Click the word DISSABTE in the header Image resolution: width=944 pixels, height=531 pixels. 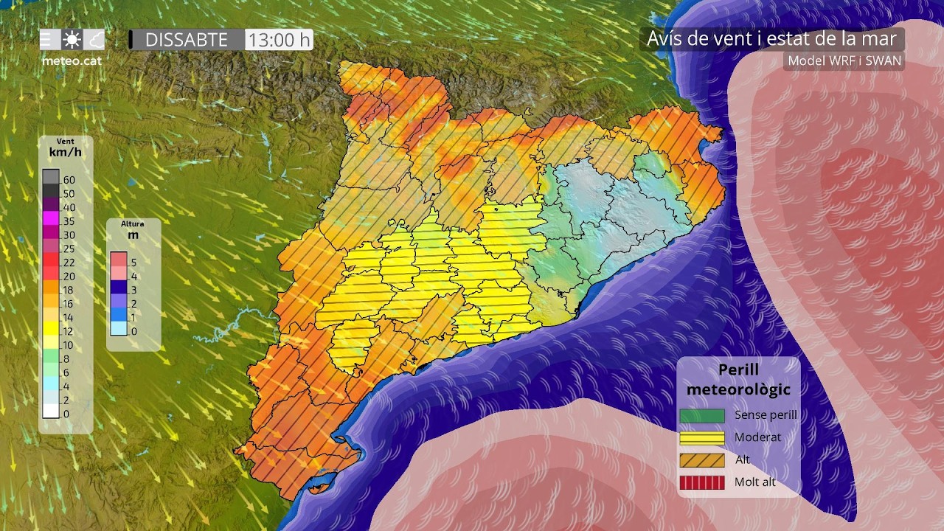tap(186, 40)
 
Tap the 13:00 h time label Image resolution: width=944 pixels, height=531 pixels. tap(279, 40)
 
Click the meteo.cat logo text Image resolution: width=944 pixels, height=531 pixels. tap(72, 61)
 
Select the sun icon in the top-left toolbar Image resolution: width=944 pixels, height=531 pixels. tap(72, 40)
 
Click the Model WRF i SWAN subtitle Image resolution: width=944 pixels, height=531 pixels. tap(844, 60)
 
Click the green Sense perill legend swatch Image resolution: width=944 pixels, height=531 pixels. tap(701, 415)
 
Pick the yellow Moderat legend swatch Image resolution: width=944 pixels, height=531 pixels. tap(701, 437)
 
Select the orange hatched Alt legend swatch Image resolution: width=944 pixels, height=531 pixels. tap(701, 460)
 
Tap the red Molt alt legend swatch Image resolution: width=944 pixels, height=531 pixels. tap(701, 483)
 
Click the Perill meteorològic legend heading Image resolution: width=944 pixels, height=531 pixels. tap(738, 379)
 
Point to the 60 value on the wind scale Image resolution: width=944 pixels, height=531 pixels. tap(69, 179)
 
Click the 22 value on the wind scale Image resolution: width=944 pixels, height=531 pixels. tap(69, 263)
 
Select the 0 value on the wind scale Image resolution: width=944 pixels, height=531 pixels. tap(66, 414)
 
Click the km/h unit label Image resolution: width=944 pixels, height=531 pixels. tap(65, 153)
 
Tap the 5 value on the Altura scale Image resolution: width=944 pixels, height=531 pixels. tap(133, 262)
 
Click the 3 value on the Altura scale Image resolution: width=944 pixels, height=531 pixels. tap(133, 290)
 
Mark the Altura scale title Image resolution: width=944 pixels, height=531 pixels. tap(133, 223)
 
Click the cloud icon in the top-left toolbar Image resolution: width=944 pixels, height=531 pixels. tap(94, 40)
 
